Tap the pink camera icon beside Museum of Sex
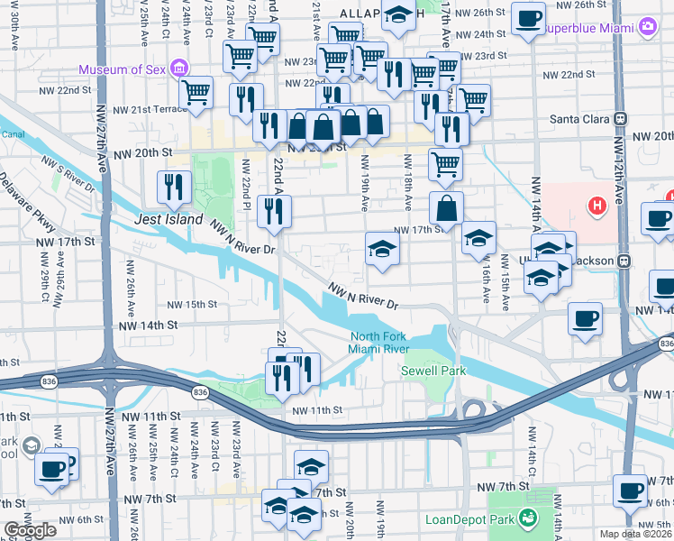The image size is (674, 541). point(178,69)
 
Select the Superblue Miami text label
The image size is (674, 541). point(589,27)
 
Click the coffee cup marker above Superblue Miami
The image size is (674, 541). point(528,18)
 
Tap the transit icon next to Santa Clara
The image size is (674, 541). point(621,118)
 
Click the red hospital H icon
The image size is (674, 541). point(595,206)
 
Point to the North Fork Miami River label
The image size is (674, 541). point(380,344)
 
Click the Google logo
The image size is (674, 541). point(30,530)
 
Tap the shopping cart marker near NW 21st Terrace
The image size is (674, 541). point(196,91)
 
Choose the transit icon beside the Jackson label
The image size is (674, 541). point(621,261)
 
